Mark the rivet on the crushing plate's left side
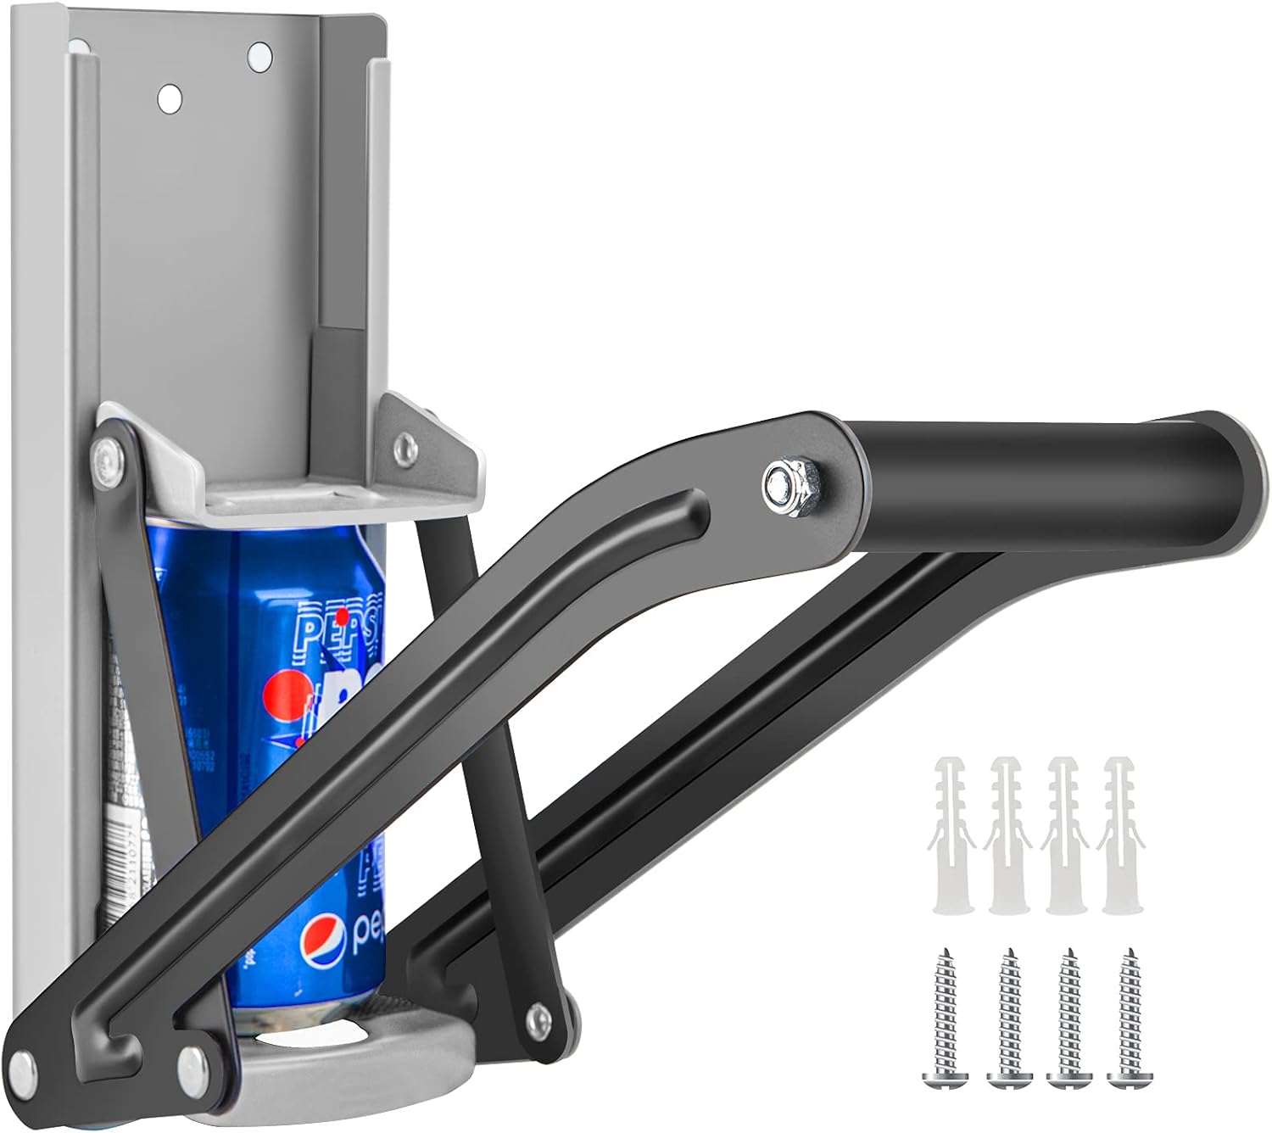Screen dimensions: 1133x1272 pos(107,457)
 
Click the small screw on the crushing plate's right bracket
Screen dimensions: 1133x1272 pos(408,444)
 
